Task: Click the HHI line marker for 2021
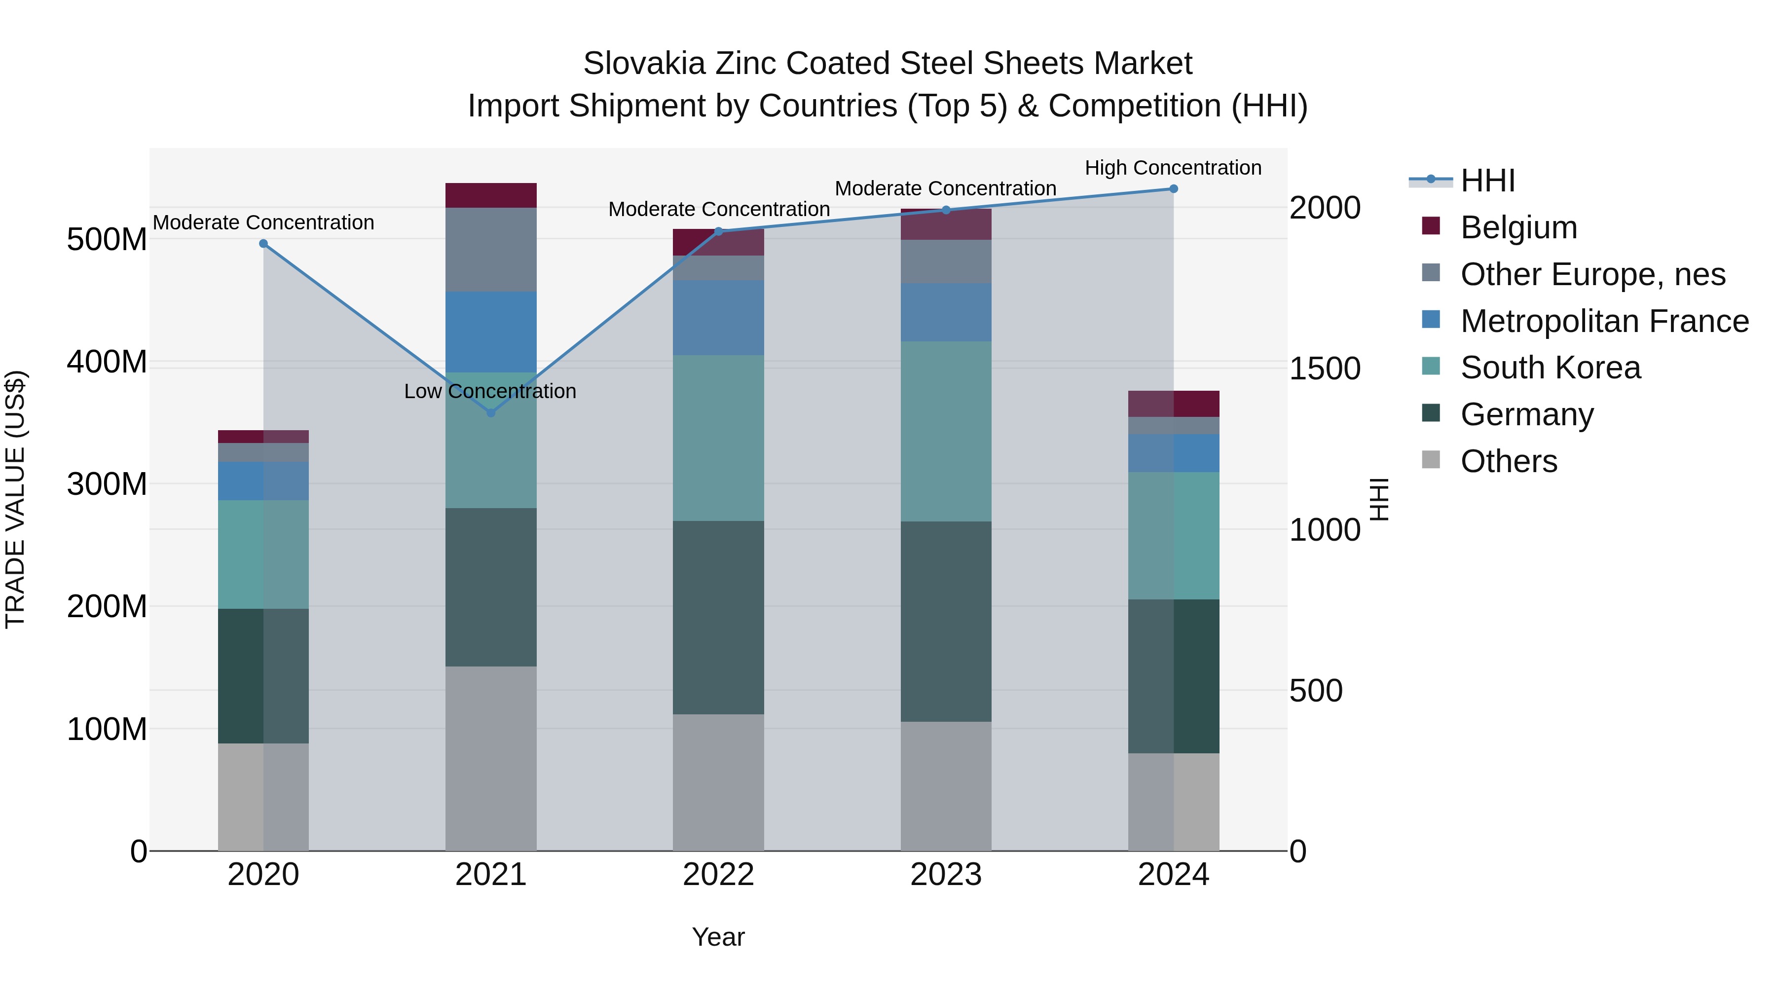tap(491, 413)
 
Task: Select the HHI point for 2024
tap(1174, 189)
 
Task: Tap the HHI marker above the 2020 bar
tap(263, 243)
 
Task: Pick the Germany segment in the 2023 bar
tap(946, 621)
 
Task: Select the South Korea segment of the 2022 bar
tap(718, 438)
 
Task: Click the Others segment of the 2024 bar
tap(1174, 801)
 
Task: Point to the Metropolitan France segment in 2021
tap(491, 332)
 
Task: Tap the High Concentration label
tap(1173, 168)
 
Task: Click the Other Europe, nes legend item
tap(1592, 274)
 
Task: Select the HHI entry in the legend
tap(1488, 181)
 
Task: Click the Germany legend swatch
tap(1431, 414)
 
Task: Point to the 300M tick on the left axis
tap(107, 484)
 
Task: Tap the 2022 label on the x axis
tap(718, 875)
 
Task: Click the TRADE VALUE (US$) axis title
tap(15, 499)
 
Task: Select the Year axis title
tap(718, 937)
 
